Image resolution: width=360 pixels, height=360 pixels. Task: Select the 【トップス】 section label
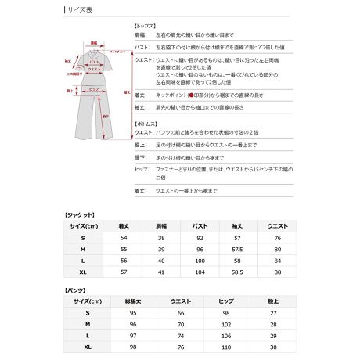coord(148,25)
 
